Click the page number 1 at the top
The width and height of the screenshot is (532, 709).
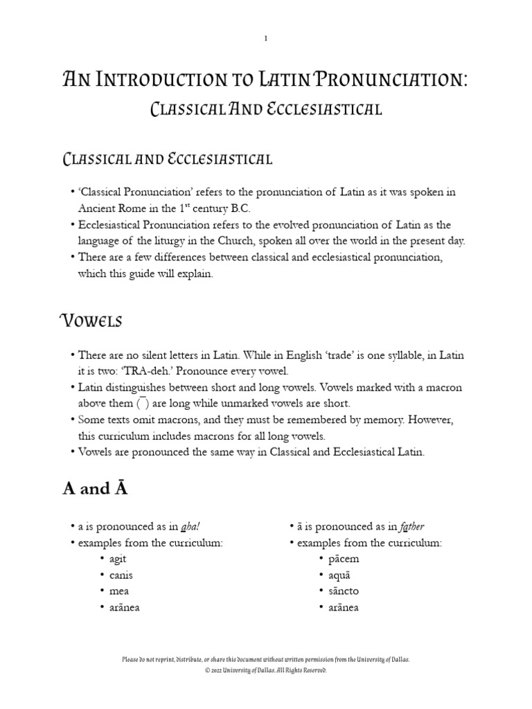[x=265, y=39]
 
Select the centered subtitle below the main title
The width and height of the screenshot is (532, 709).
[x=266, y=109]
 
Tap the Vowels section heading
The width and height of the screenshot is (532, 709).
[x=91, y=321]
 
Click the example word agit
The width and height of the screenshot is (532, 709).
[x=118, y=559]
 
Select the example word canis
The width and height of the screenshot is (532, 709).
[x=121, y=575]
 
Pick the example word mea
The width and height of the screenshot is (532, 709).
[x=118, y=591]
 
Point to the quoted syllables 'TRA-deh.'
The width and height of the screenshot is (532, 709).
[x=156, y=371]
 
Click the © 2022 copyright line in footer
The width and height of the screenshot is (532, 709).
[x=266, y=671]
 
